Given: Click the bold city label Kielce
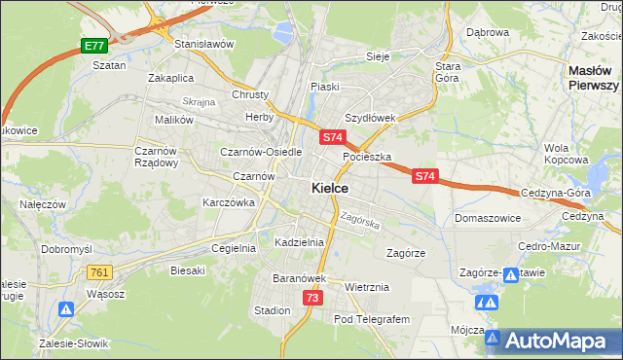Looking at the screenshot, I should click(330, 188).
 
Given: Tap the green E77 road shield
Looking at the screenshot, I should click(93, 46).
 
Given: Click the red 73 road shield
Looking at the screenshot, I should click(311, 297).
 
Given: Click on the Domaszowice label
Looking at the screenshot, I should click(486, 219).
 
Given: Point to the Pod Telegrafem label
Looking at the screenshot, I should click(373, 319).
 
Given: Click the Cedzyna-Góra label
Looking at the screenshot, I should click(556, 193).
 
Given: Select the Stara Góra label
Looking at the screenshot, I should click(447, 71).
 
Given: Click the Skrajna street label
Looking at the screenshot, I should click(199, 102).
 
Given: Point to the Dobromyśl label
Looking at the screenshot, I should click(66, 249).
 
